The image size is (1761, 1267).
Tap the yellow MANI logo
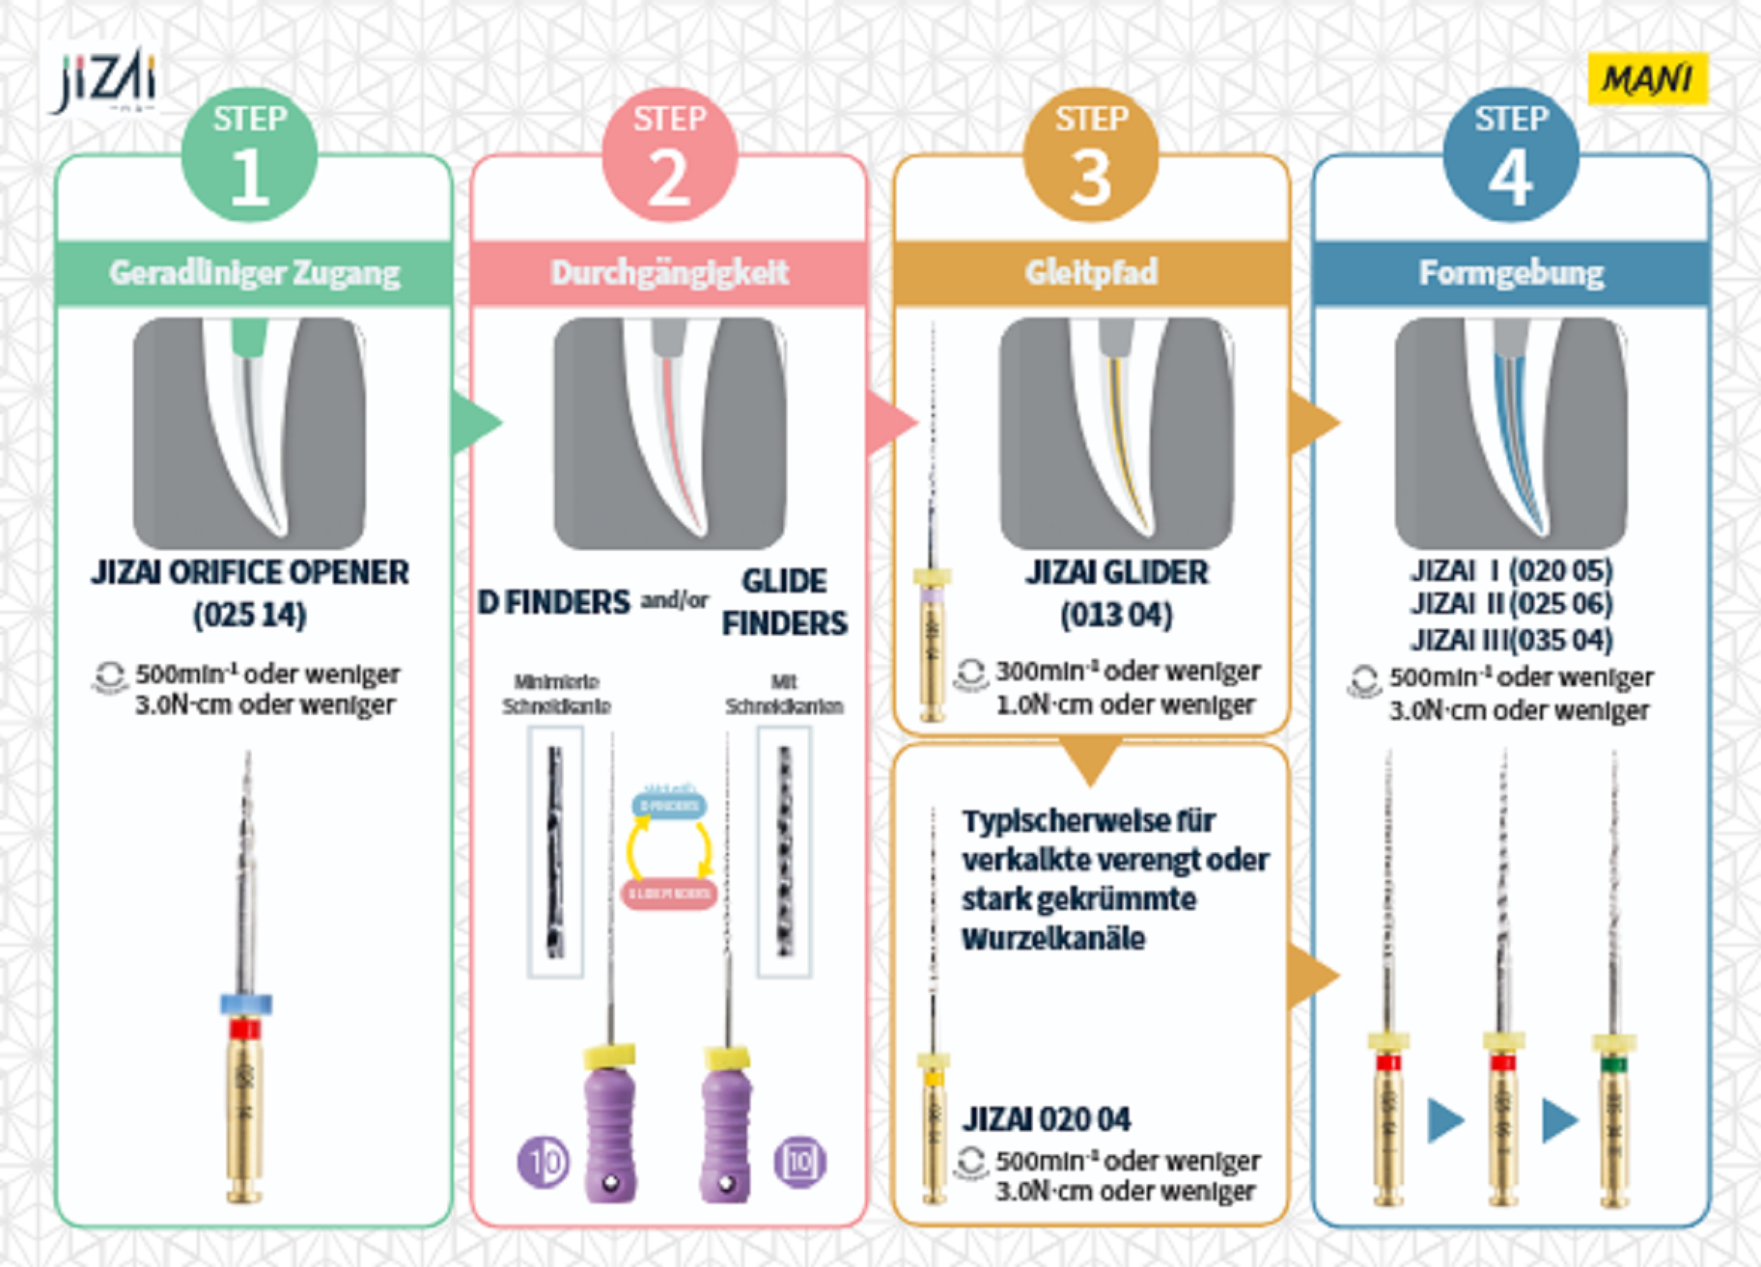1647,78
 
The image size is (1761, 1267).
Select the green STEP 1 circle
249,156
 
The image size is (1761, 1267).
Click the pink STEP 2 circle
669,156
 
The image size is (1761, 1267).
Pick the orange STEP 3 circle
1091,156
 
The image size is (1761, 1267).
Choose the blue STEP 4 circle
1511,156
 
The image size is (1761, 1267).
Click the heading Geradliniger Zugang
254,273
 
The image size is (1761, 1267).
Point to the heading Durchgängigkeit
669,273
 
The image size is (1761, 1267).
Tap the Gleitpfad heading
1091,273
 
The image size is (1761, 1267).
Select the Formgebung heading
1511,273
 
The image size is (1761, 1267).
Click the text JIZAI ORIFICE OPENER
250,572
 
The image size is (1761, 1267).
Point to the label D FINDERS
553,602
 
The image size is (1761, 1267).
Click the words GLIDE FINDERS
784,602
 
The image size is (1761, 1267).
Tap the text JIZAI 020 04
1046,1119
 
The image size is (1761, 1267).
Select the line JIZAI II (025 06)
1511,604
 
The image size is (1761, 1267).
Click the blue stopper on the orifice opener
246,1004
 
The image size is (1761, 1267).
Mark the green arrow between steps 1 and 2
476,422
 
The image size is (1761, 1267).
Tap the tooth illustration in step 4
1510,432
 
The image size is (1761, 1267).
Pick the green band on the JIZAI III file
1613,1065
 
